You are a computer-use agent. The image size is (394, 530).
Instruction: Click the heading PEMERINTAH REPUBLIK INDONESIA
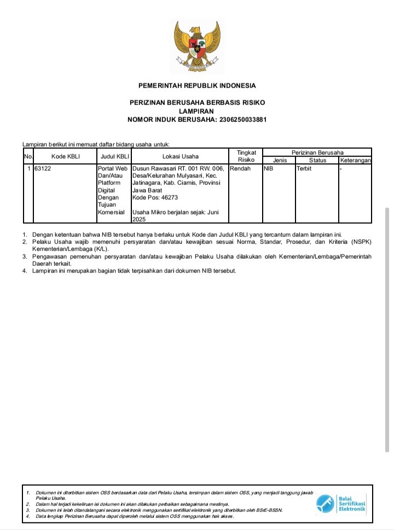197,85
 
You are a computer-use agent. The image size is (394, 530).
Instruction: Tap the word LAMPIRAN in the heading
197,111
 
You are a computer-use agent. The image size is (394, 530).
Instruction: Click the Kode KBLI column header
66,156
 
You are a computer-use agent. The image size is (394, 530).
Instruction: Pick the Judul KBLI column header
114,156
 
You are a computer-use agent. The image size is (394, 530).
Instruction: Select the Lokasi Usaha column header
180,156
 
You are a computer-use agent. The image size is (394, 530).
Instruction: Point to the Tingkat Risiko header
246,156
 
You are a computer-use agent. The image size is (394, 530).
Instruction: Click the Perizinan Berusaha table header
317,152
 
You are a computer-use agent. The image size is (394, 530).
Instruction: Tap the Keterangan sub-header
356,160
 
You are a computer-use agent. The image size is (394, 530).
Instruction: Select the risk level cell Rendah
240,168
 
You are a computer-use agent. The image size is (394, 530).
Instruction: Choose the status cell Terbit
304,168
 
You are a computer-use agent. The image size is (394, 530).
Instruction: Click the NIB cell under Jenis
269,168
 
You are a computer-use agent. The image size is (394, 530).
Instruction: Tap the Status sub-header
317,160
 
